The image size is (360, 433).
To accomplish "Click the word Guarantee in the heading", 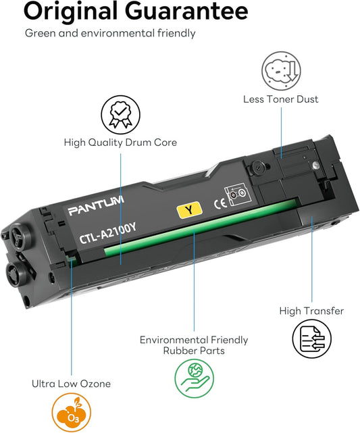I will point(183,11).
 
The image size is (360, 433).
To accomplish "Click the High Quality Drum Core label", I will point(120,143).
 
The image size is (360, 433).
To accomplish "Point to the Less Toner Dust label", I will point(280,99).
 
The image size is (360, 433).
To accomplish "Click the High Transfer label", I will point(311,311).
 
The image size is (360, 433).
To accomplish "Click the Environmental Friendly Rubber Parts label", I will point(194,345).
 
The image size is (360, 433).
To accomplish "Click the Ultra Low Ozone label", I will point(70,384).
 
